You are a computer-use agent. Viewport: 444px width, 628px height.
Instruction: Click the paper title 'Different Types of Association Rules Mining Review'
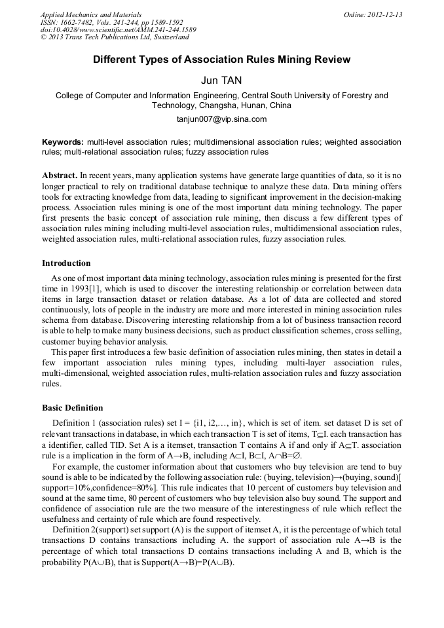pos(221,60)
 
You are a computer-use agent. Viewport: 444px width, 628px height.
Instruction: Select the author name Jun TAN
pos(221,81)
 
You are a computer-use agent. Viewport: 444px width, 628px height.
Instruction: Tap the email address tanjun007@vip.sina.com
pos(221,119)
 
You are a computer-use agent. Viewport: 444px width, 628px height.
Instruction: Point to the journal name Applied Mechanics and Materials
pos(90,14)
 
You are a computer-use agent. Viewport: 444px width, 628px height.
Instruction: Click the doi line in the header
pos(118,29)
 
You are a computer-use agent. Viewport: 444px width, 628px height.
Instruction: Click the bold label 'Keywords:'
pos(63,142)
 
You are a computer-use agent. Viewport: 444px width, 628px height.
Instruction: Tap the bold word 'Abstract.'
pos(60,176)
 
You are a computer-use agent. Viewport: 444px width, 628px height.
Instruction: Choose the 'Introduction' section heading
pos(66,263)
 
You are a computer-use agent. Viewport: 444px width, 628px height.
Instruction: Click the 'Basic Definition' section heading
pos(72,407)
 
